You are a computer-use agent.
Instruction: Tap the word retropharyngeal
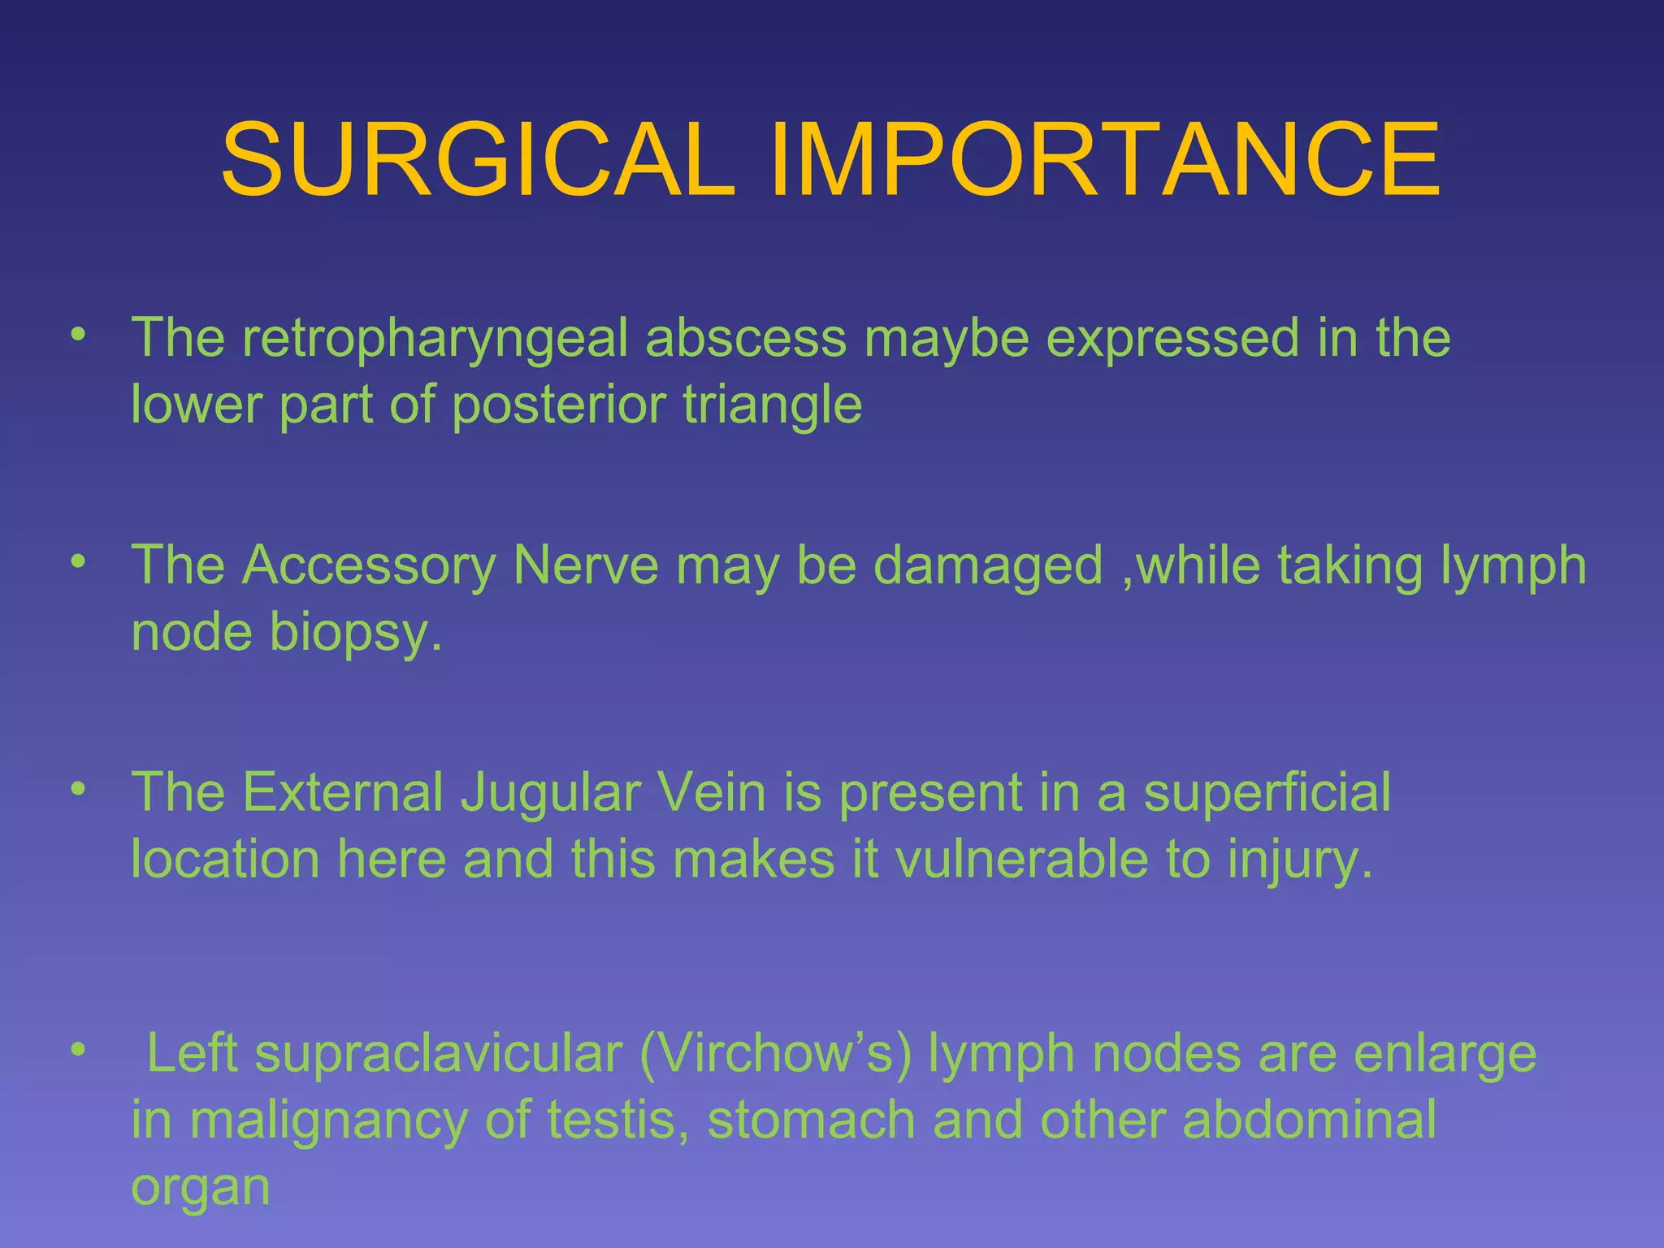(x=435, y=338)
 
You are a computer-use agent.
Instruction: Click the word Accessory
(x=370, y=565)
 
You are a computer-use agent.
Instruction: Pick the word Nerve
(x=586, y=565)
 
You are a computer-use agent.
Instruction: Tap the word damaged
(x=987, y=567)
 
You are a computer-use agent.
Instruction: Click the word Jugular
(x=551, y=793)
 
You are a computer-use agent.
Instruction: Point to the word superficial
(x=1267, y=793)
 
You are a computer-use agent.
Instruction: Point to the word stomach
(x=812, y=1120)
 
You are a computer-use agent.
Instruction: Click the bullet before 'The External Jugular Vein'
(x=78, y=790)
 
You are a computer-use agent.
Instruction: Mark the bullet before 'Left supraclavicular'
(x=78, y=1051)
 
